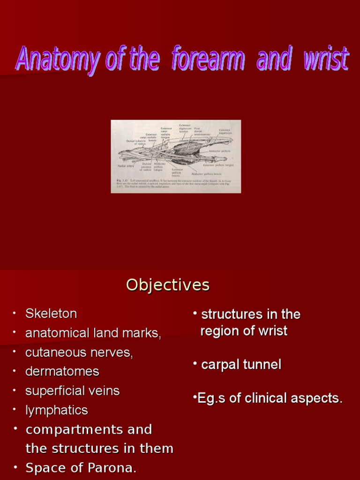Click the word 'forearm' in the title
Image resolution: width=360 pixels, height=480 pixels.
(208, 60)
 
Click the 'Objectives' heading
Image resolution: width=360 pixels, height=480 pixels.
(168, 285)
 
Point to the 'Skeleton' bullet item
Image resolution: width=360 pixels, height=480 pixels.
(51, 313)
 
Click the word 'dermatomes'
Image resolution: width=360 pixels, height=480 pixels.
(62, 371)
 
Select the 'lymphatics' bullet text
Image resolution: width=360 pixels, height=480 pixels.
(57, 410)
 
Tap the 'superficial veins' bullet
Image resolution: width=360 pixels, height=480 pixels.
(73, 390)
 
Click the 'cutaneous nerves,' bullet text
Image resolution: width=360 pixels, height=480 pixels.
(79, 352)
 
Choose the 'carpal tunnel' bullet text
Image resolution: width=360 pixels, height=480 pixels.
(241, 365)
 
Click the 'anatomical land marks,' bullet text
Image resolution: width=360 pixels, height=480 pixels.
(93, 333)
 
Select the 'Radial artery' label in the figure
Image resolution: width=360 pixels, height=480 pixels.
(126, 165)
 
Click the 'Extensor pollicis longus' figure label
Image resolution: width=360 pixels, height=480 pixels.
(218, 165)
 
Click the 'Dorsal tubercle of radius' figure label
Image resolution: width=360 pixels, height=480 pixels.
(136, 142)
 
